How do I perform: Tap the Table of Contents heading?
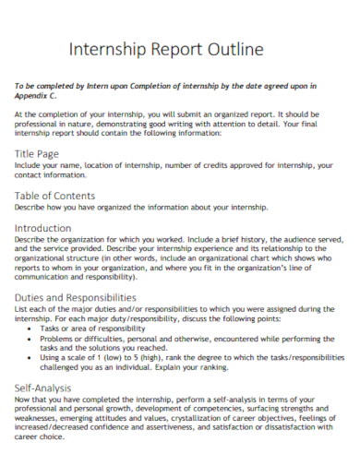click(x=54, y=195)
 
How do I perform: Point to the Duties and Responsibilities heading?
click(x=76, y=298)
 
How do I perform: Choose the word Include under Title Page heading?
click(x=30, y=164)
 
